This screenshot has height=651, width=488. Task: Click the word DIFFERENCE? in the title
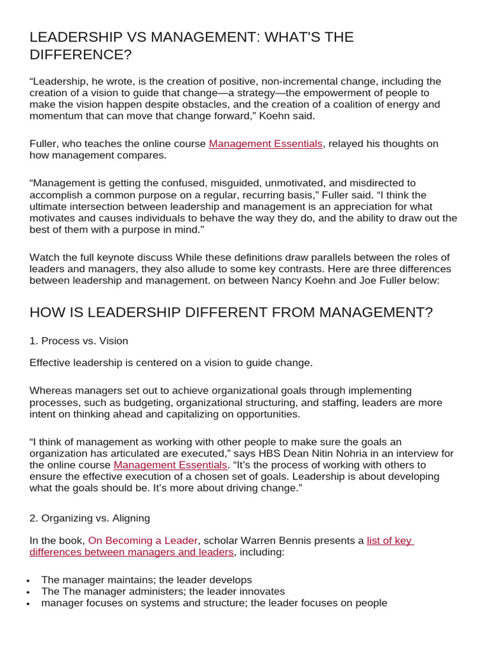[81, 55]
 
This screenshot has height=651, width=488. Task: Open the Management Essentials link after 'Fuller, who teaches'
[266, 144]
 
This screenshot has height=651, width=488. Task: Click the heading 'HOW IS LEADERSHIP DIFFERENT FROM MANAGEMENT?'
[231, 313]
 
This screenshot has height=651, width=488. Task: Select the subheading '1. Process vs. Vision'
[79, 341]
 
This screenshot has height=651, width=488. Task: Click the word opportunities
[259, 414]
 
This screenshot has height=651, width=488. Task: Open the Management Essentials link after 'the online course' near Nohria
[170, 465]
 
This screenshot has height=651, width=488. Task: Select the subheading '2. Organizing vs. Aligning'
[90, 517]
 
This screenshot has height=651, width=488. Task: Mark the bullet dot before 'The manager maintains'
[30, 580]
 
